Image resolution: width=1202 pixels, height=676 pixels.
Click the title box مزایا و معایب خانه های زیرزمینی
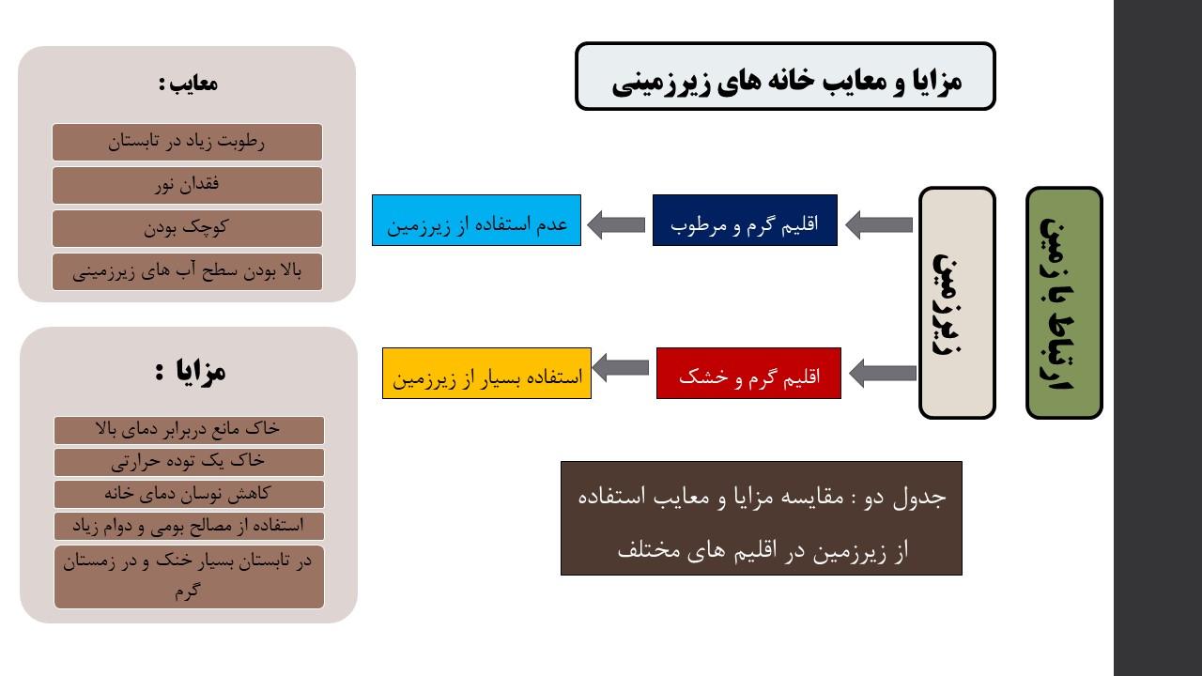click(x=785, y=76)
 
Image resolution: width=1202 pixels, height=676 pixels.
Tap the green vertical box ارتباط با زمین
click(x=1064, y=302)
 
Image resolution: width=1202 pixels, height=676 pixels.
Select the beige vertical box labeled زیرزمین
click(x=957, y=302)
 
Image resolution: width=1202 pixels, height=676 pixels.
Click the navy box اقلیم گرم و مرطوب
click(x=745, y=221)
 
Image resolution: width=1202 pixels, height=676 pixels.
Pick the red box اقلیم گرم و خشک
click(x=748, y=374)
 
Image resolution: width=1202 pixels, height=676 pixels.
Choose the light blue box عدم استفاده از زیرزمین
click(x=476, y=221)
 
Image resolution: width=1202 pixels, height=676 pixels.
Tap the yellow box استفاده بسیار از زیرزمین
click(x=486, y=374)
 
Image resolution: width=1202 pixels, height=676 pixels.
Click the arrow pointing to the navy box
click(x=879, y=224)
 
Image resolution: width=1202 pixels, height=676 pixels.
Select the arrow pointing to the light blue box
click(x=616, y=224)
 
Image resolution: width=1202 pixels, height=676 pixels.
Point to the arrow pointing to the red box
click(x=883, y=373)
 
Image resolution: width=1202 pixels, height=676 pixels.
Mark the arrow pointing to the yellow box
click(x=621, y=367)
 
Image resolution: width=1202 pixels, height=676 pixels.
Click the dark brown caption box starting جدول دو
click(x=762, y=518)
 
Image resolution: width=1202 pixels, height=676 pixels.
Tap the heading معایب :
click(x=188, y=84)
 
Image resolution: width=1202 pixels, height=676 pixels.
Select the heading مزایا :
click(x=190, y=371)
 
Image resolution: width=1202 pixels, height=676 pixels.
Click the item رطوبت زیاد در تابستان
click(x=187, y=142)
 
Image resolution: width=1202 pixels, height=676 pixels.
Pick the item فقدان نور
click(x=187, y=185)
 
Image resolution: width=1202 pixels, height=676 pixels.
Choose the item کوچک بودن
click(x=187, y=228)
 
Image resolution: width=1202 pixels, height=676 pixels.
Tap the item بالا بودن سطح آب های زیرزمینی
click(x=187, y=272)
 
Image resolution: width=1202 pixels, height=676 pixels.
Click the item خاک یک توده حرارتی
click(x=189, y=462)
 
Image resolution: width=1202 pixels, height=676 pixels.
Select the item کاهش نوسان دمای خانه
click(x=189, y=494)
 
